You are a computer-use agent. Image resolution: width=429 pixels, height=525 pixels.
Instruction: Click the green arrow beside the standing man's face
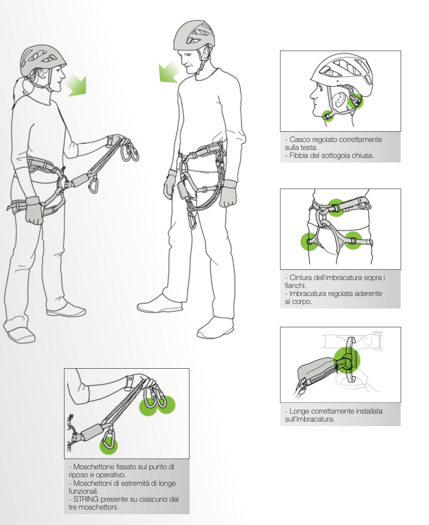pos(169,72)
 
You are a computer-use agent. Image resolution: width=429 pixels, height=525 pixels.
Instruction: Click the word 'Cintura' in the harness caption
pos(301,278)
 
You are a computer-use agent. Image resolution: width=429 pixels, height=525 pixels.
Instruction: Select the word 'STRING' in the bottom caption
pos(86,499)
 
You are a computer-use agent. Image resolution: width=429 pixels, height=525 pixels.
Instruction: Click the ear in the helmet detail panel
pos(339,100)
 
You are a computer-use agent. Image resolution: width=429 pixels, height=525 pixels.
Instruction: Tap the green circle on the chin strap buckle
pos(328,116)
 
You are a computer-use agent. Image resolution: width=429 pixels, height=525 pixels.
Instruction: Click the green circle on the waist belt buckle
pos(336,207)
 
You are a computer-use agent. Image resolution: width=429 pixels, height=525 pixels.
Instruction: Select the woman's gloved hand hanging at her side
pos(34,211)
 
